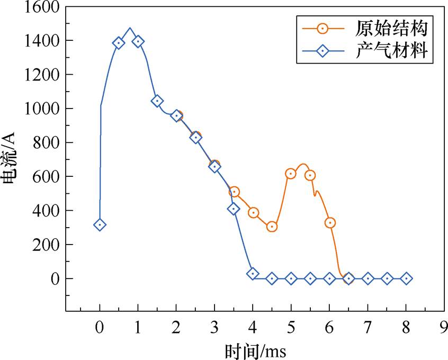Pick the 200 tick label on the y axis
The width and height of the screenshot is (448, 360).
44,245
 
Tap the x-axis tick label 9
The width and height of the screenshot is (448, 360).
444,327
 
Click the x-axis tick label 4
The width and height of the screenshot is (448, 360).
253,327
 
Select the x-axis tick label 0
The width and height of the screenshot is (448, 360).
100,327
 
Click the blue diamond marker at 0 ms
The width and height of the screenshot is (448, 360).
100,225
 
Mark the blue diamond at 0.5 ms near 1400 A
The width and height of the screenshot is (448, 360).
119,43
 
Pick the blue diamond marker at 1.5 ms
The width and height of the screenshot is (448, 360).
157,101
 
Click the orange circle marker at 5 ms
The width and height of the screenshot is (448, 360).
291,174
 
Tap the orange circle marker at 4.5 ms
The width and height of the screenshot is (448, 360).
272,227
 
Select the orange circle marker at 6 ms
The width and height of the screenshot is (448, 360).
329,223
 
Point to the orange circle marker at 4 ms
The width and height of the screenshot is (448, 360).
253,213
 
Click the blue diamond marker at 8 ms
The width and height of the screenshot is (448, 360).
406,278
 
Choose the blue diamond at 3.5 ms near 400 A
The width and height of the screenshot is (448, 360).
234,209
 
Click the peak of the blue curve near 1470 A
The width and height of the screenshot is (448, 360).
130,29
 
